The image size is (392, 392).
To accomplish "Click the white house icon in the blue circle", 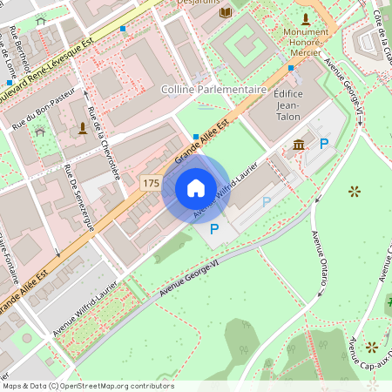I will pyautogui.click(x=195, y=188).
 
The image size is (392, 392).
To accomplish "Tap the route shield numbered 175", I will pyautogui.click(x=150, y=182).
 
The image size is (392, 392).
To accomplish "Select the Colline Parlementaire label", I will pyautogui.click(x=213, y=90).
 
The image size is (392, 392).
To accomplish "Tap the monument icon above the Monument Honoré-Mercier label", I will pyautogui.click(x=305, y=18).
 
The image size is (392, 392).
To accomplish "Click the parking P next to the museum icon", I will pyautogui.click(x=324, y=144).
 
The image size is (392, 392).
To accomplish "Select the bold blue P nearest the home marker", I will pyautogui.click(x=213, y=229).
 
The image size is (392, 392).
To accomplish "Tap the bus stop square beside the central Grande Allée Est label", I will pyautogui.click(x=195, y=136).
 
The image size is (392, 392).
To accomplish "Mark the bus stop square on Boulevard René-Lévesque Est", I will pyautogui.click(x=123, y=29).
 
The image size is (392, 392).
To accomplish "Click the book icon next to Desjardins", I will pyautogui.click(x=226, y=13).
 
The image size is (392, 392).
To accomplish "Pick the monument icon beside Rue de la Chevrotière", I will pyautogui.click(x=83, y=128).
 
